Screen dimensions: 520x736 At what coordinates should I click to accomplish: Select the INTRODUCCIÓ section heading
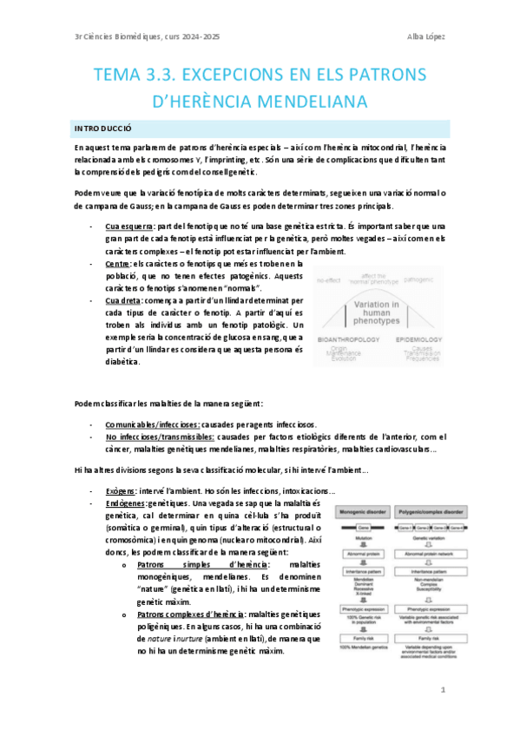point(103,128)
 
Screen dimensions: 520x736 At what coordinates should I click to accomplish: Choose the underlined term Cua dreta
point(122,300)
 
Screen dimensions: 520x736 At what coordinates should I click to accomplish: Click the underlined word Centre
point(118,263)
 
